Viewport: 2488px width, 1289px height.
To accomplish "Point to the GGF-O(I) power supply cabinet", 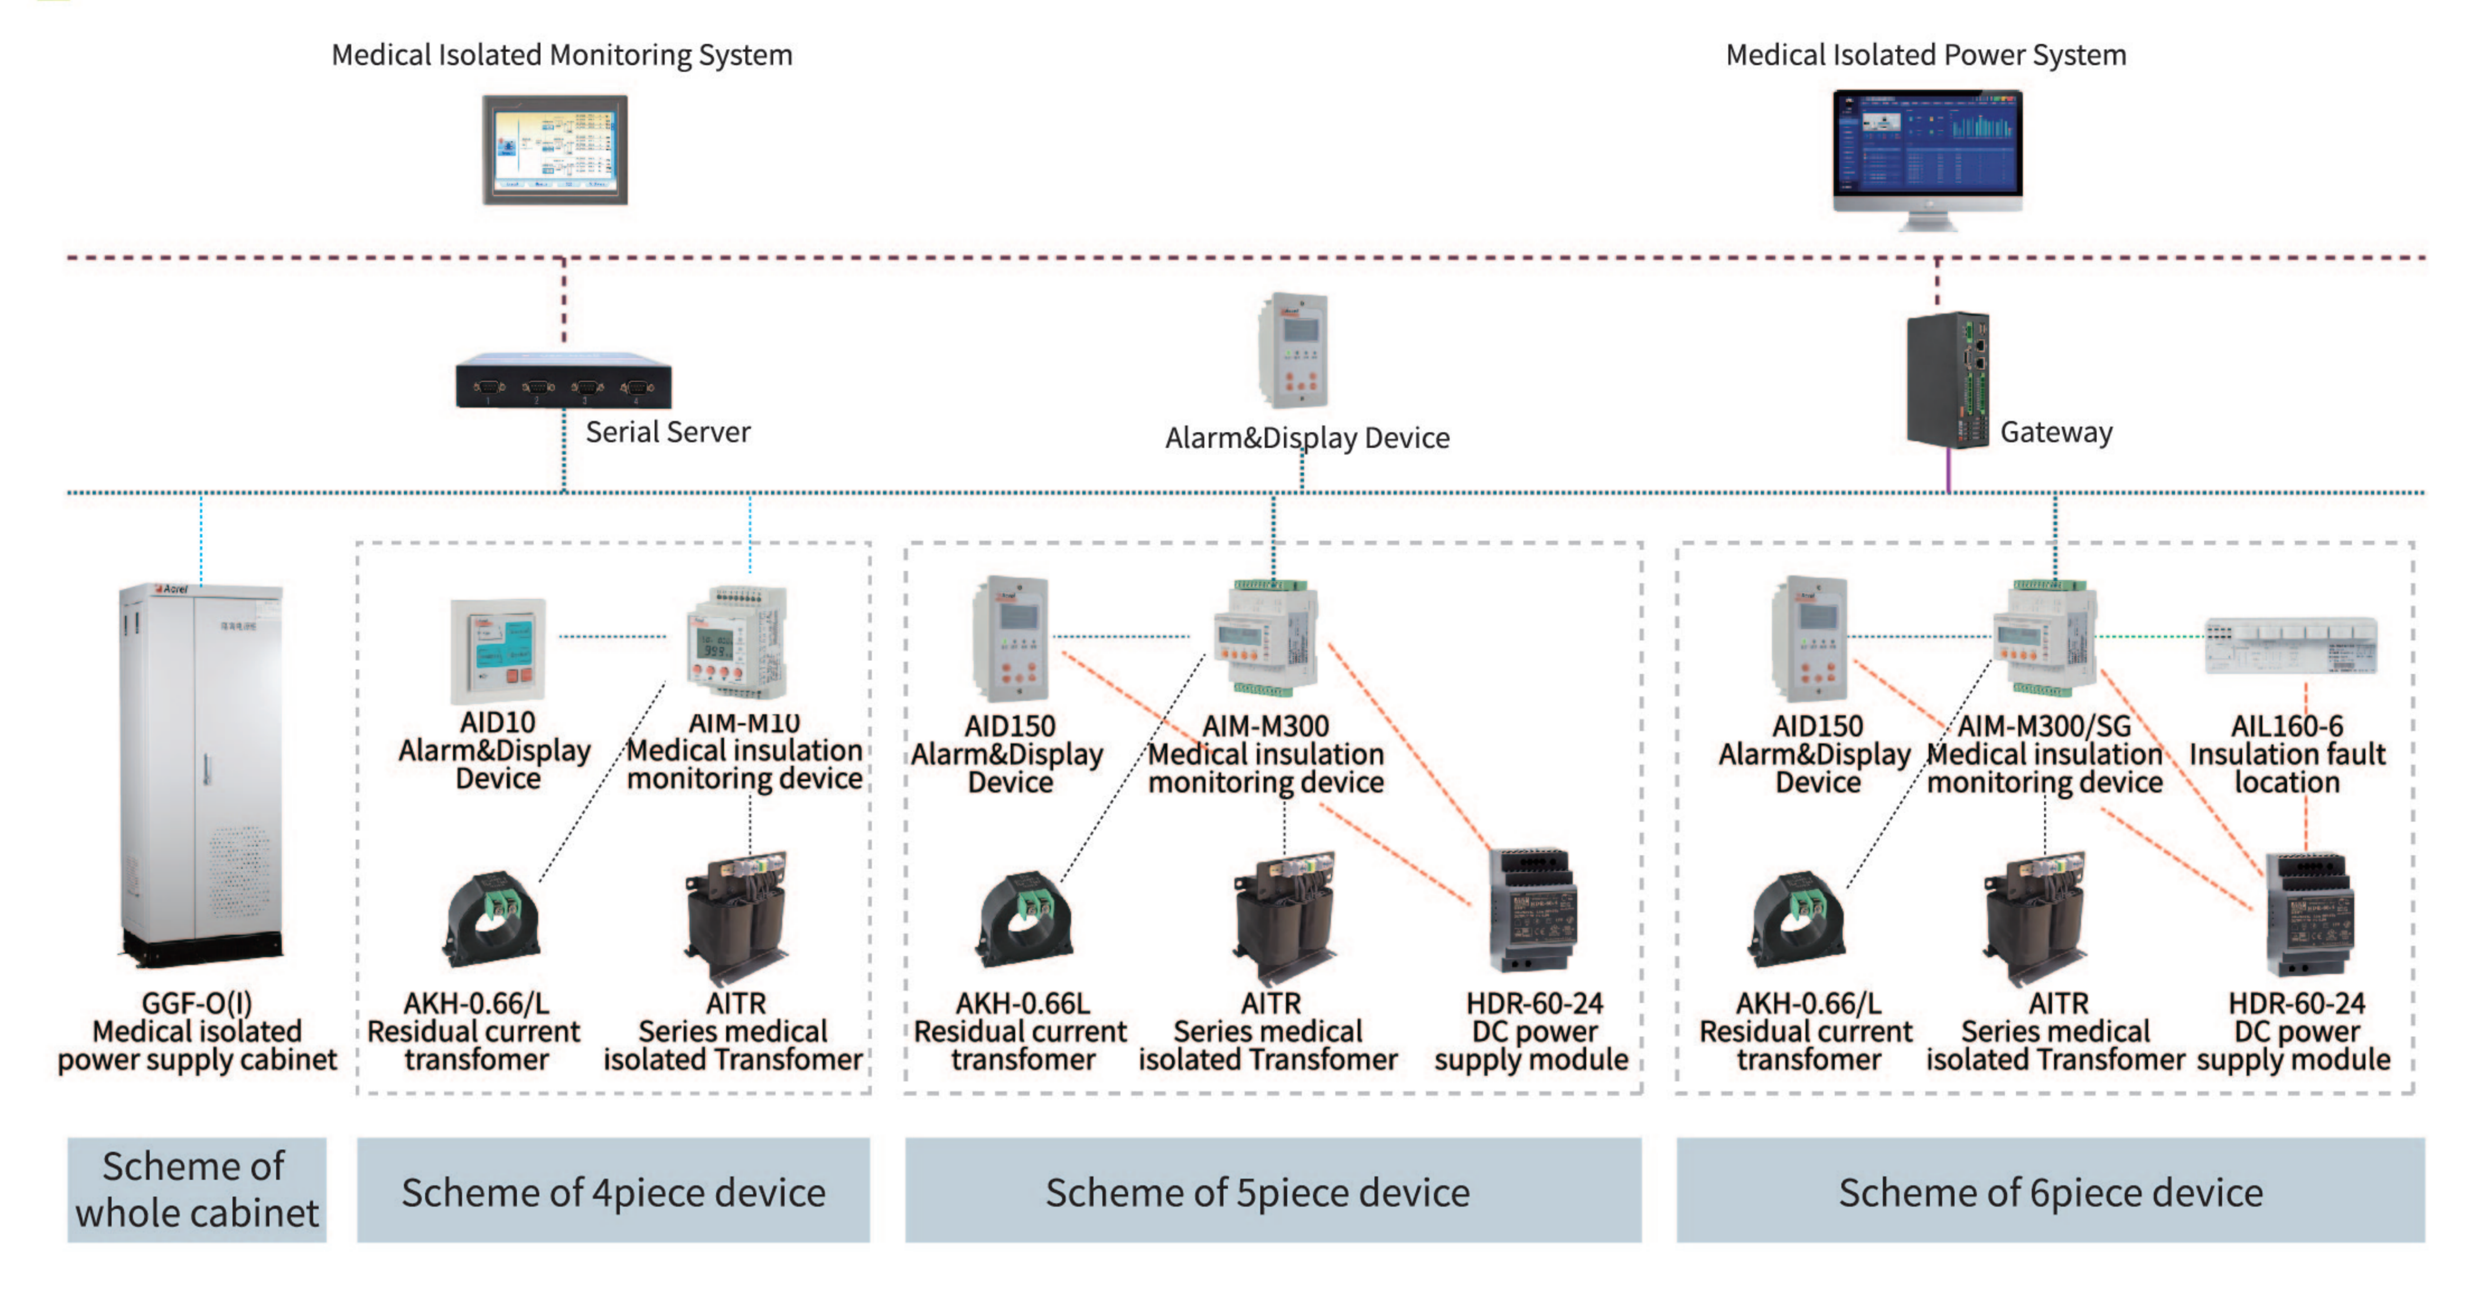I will [201, 772].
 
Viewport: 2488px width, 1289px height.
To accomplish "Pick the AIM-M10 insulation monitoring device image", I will [737, 642].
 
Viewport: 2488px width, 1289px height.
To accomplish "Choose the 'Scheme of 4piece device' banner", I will [613, 1192].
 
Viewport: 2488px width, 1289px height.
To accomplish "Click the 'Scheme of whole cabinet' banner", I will [197, 1189].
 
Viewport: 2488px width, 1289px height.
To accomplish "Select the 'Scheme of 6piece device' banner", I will [2049, 1192].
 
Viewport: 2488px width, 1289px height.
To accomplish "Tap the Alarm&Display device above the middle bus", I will [1293, 351].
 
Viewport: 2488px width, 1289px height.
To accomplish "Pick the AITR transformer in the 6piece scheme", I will [2035, 917].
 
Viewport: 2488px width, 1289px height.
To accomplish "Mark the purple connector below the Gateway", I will [1948, 470].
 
